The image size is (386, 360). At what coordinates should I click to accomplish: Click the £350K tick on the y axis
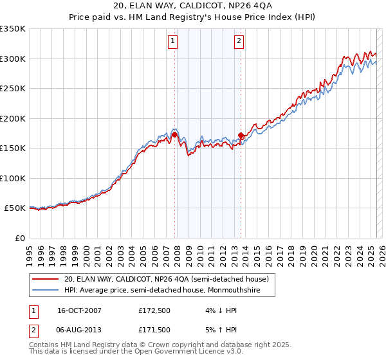tap(13, 29)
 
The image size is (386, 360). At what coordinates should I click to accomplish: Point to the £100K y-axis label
tap(13, 178)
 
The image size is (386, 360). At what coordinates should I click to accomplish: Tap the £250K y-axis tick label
tap(13, 89)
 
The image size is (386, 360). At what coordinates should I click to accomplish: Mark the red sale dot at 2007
tap(174, 135)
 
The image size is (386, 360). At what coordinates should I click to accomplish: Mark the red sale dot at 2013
tap(241, 136)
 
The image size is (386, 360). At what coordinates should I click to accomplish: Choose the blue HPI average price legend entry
tap(169, 290)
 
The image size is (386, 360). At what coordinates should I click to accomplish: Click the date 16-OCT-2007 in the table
tap(80, 310)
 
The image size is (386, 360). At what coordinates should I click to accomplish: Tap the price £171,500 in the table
tap(155, 330)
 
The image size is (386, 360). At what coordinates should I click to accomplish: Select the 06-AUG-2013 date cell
tap(80, 330)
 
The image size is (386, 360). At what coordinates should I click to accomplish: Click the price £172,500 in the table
tap(155, 310)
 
